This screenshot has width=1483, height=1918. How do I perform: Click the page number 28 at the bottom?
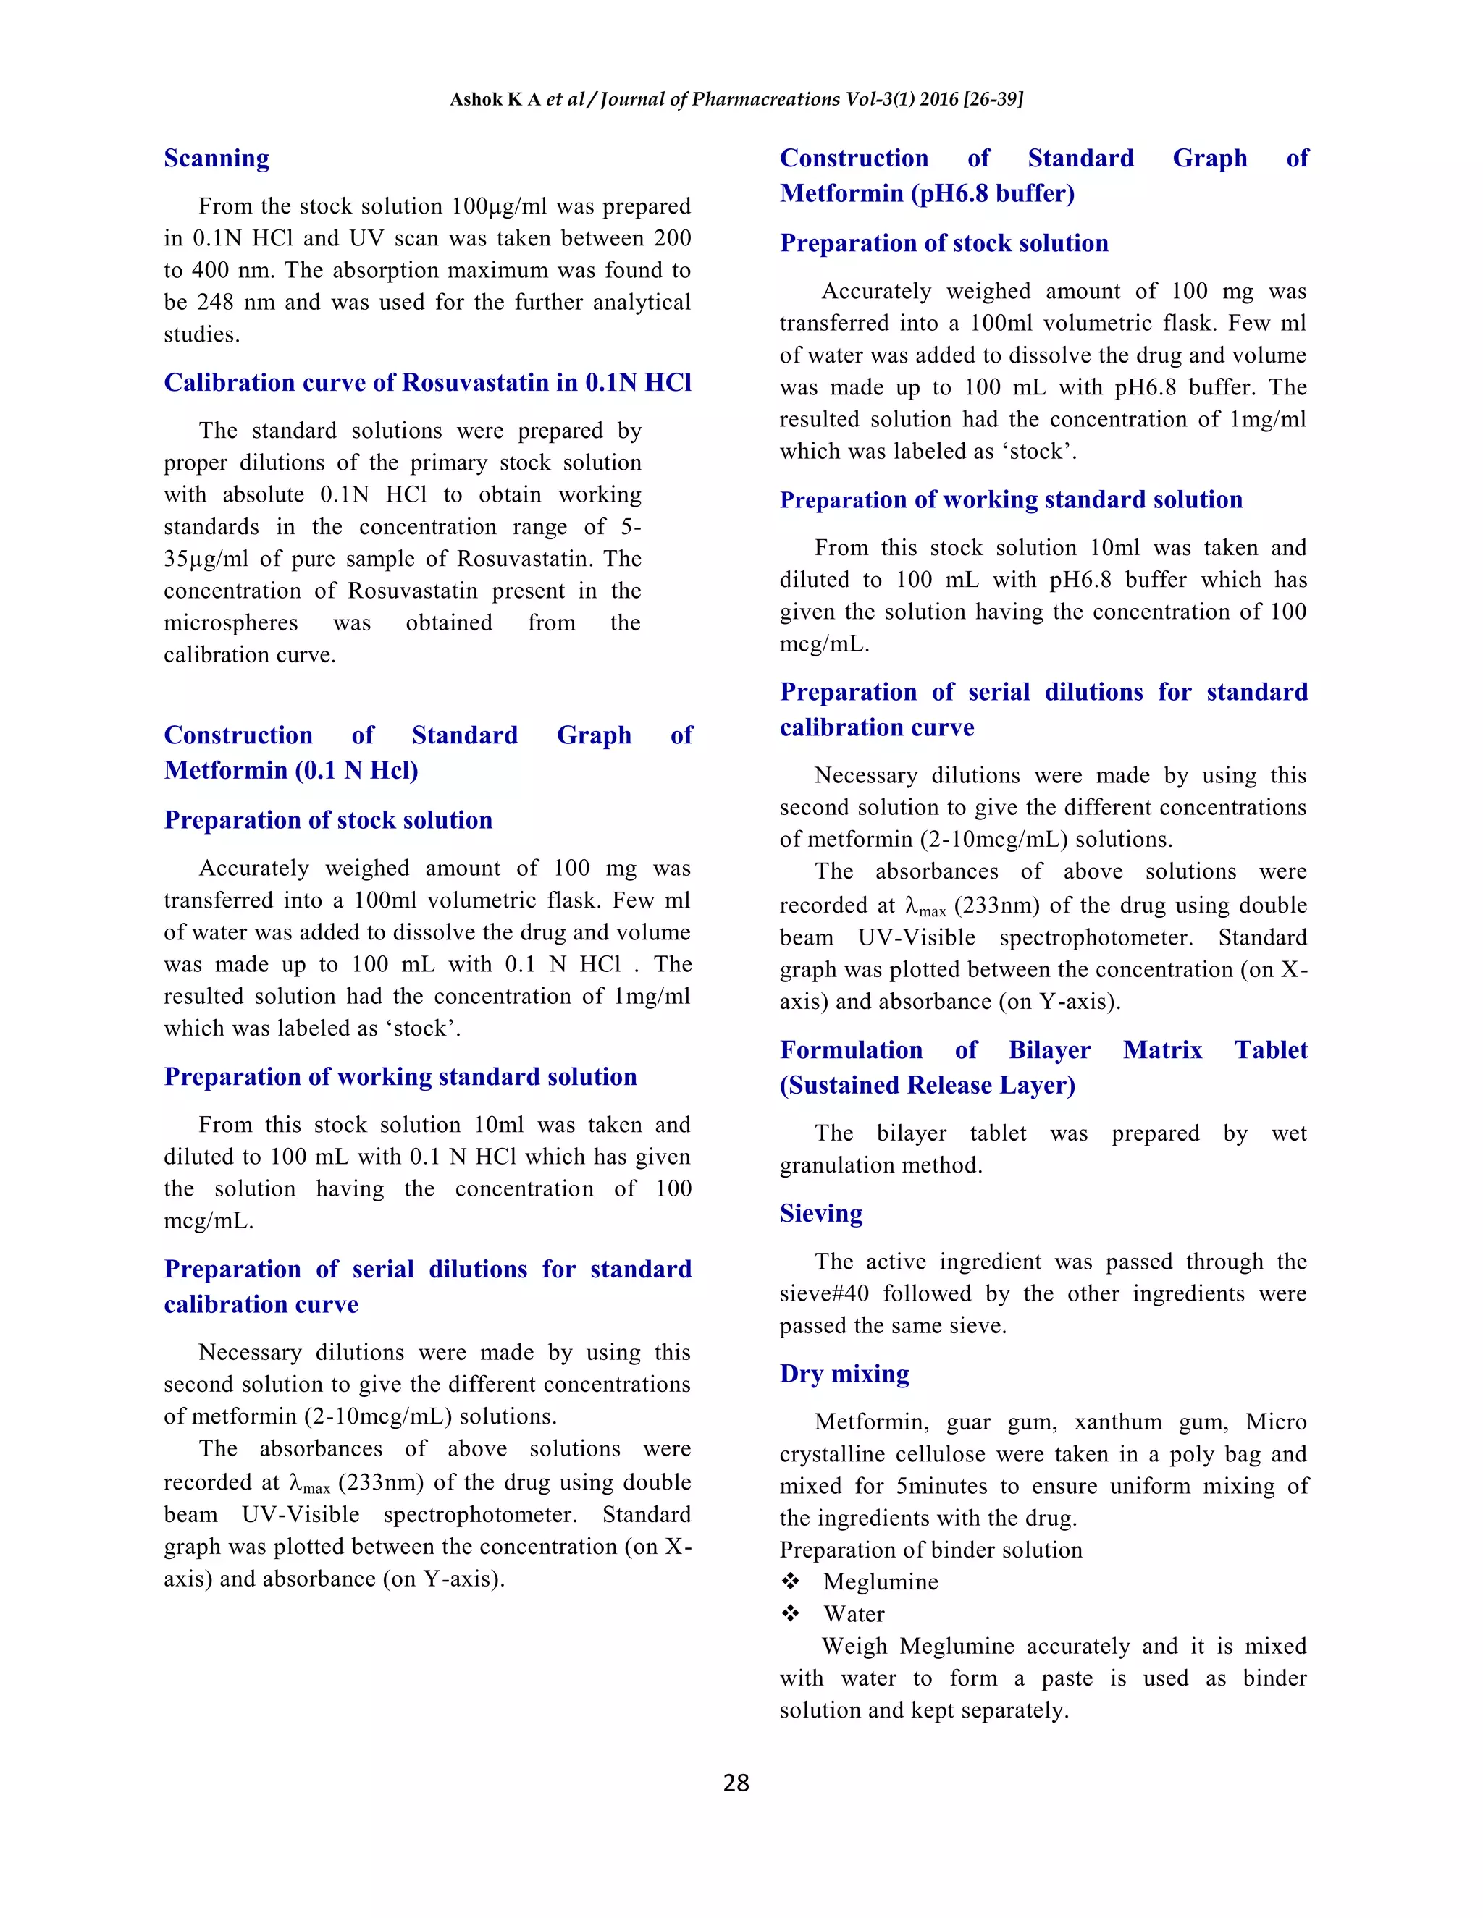click(736, 1782)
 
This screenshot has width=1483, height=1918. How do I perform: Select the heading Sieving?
click(820, 1213)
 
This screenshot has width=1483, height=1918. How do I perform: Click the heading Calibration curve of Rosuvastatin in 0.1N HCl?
click(427, 382)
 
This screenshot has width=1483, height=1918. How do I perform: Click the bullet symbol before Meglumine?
click(791, 1581)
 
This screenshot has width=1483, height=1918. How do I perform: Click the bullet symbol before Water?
click(791, 1614)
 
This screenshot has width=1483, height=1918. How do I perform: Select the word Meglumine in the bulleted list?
click(881, 1581)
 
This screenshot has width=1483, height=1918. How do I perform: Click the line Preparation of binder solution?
click(930, 1550)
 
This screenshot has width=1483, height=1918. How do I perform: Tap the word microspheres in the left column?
click(230, 622)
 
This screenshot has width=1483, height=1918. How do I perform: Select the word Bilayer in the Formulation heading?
click(1049, 1049)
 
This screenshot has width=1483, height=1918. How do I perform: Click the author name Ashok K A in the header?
click(495, 99)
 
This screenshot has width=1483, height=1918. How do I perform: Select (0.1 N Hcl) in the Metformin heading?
click(356, 770)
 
